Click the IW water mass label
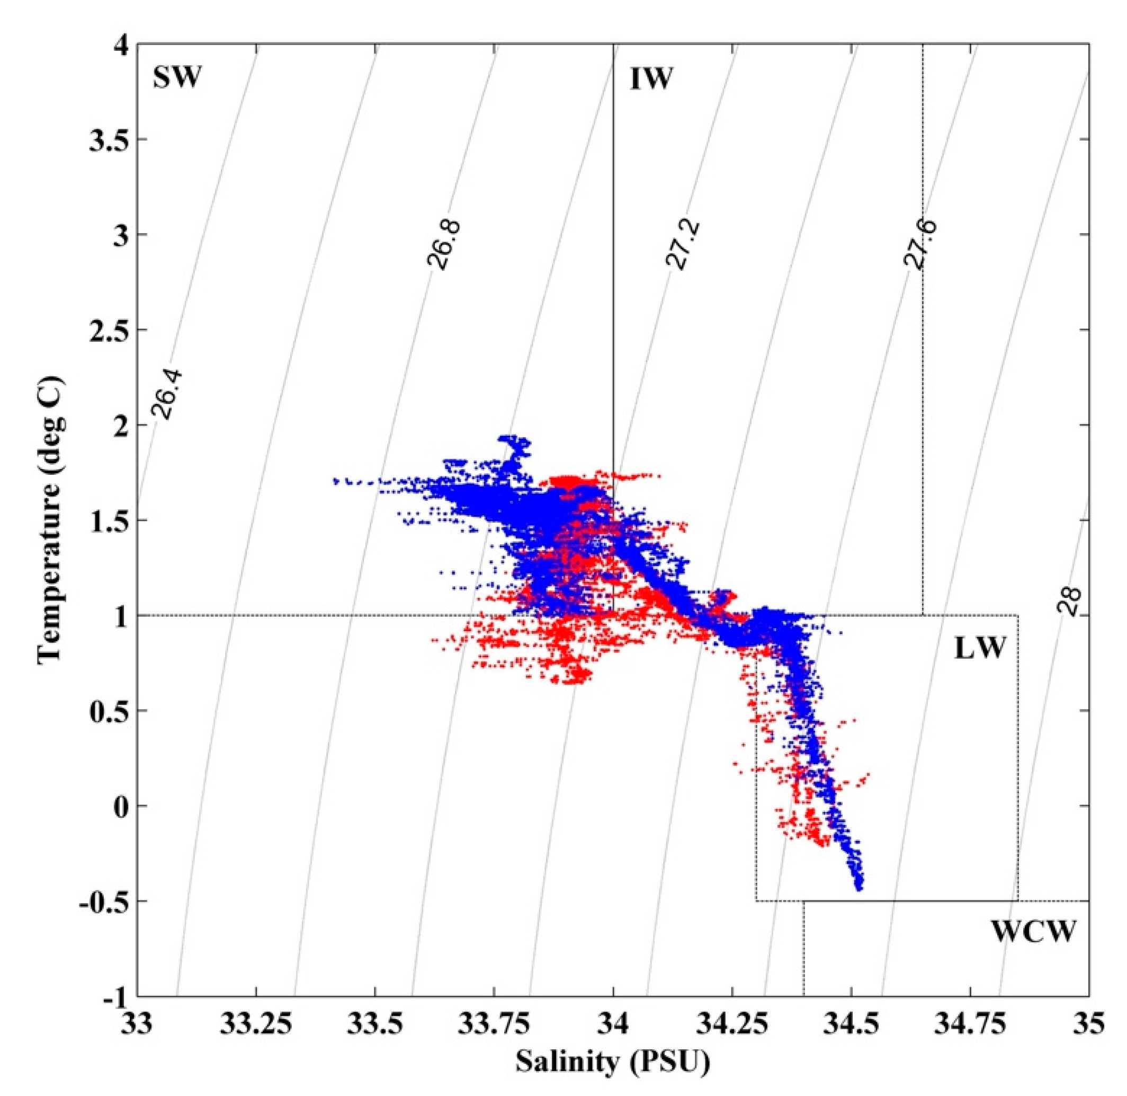(x=651, y=79)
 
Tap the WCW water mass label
(x=1033, y=931)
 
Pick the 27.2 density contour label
(x=679, y=244)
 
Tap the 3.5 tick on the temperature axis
(x=108, y=139)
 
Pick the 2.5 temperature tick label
(x=108, y=330)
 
